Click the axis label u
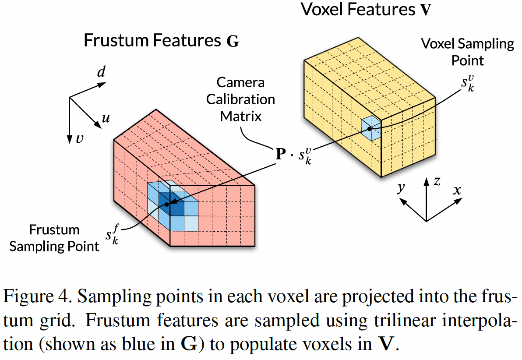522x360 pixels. point(106,118)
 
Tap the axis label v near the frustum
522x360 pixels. point(79,139)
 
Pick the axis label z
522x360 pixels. point(437,181)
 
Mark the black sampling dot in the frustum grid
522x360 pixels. point(167,205)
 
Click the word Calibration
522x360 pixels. point(240,99)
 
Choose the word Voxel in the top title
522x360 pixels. point(322,10)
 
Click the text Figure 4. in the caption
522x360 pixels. point(34,299)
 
